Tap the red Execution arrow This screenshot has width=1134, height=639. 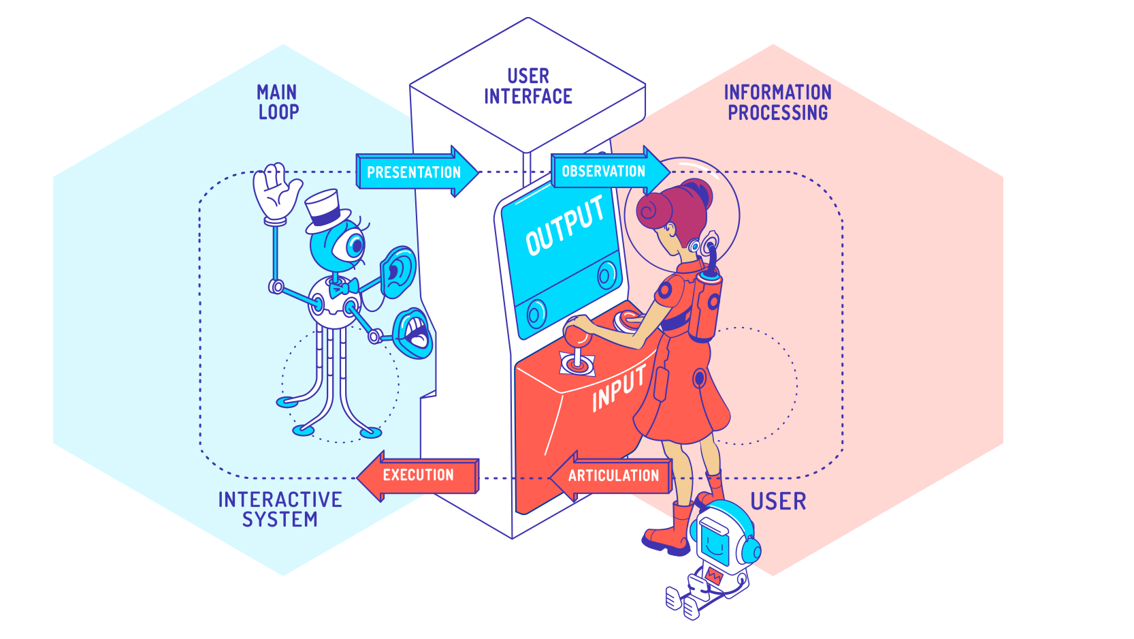pos(417,476)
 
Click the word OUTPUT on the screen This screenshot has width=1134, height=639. pos(564,225)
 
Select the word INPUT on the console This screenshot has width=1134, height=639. pos(618,389)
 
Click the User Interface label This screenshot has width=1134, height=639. pos(528,87)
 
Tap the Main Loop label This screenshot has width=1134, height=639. pos(278,102)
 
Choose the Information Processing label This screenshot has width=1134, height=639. pos(777,103)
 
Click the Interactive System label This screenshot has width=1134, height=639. pos(280,510)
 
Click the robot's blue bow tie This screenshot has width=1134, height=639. pos(344,289)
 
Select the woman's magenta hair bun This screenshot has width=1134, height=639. pos(655,209)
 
